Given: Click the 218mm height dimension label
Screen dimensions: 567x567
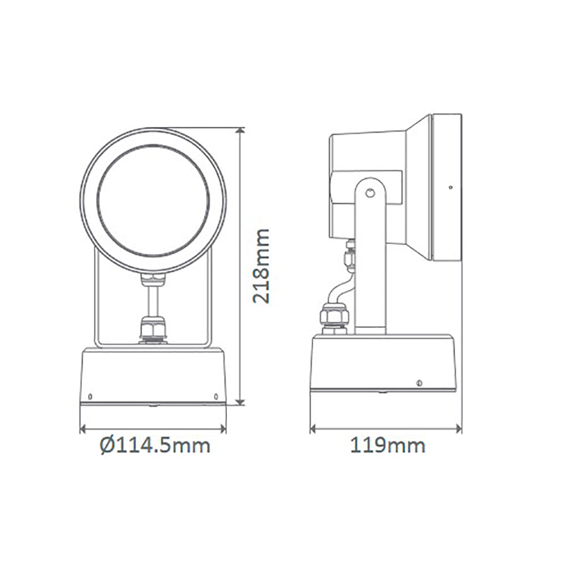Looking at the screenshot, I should (x=261, y=266).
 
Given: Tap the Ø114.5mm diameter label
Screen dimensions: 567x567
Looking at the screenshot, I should (x=154, y=445).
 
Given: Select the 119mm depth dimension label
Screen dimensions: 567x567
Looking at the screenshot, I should (x=387, y=445).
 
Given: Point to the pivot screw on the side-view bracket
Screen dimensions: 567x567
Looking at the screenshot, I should (x=370, y=193).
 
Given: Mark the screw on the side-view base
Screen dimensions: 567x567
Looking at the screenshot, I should (x=419, y=382).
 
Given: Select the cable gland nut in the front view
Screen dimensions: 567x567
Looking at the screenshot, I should (x=154, y=329).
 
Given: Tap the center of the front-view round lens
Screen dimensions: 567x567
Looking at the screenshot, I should (x=153, y=201).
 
